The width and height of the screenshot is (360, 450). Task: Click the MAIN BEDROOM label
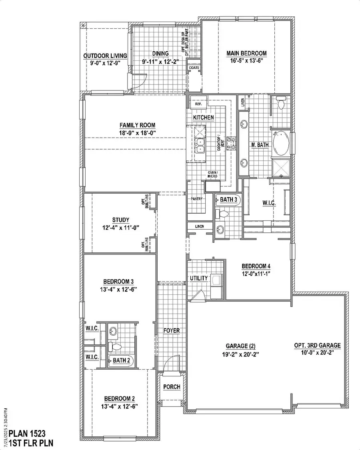coord(246,53)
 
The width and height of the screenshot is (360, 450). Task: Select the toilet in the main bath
coord(281,104)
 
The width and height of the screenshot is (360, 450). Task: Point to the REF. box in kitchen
coord(198,104)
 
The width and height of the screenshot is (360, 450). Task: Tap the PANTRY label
coord(196,199)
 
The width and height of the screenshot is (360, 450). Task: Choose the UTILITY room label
coord(199,278)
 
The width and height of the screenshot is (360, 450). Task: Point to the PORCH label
coord(172,387)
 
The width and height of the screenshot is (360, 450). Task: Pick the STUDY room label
coord(120,220)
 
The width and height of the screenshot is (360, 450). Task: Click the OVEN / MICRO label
coord(212,175)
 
